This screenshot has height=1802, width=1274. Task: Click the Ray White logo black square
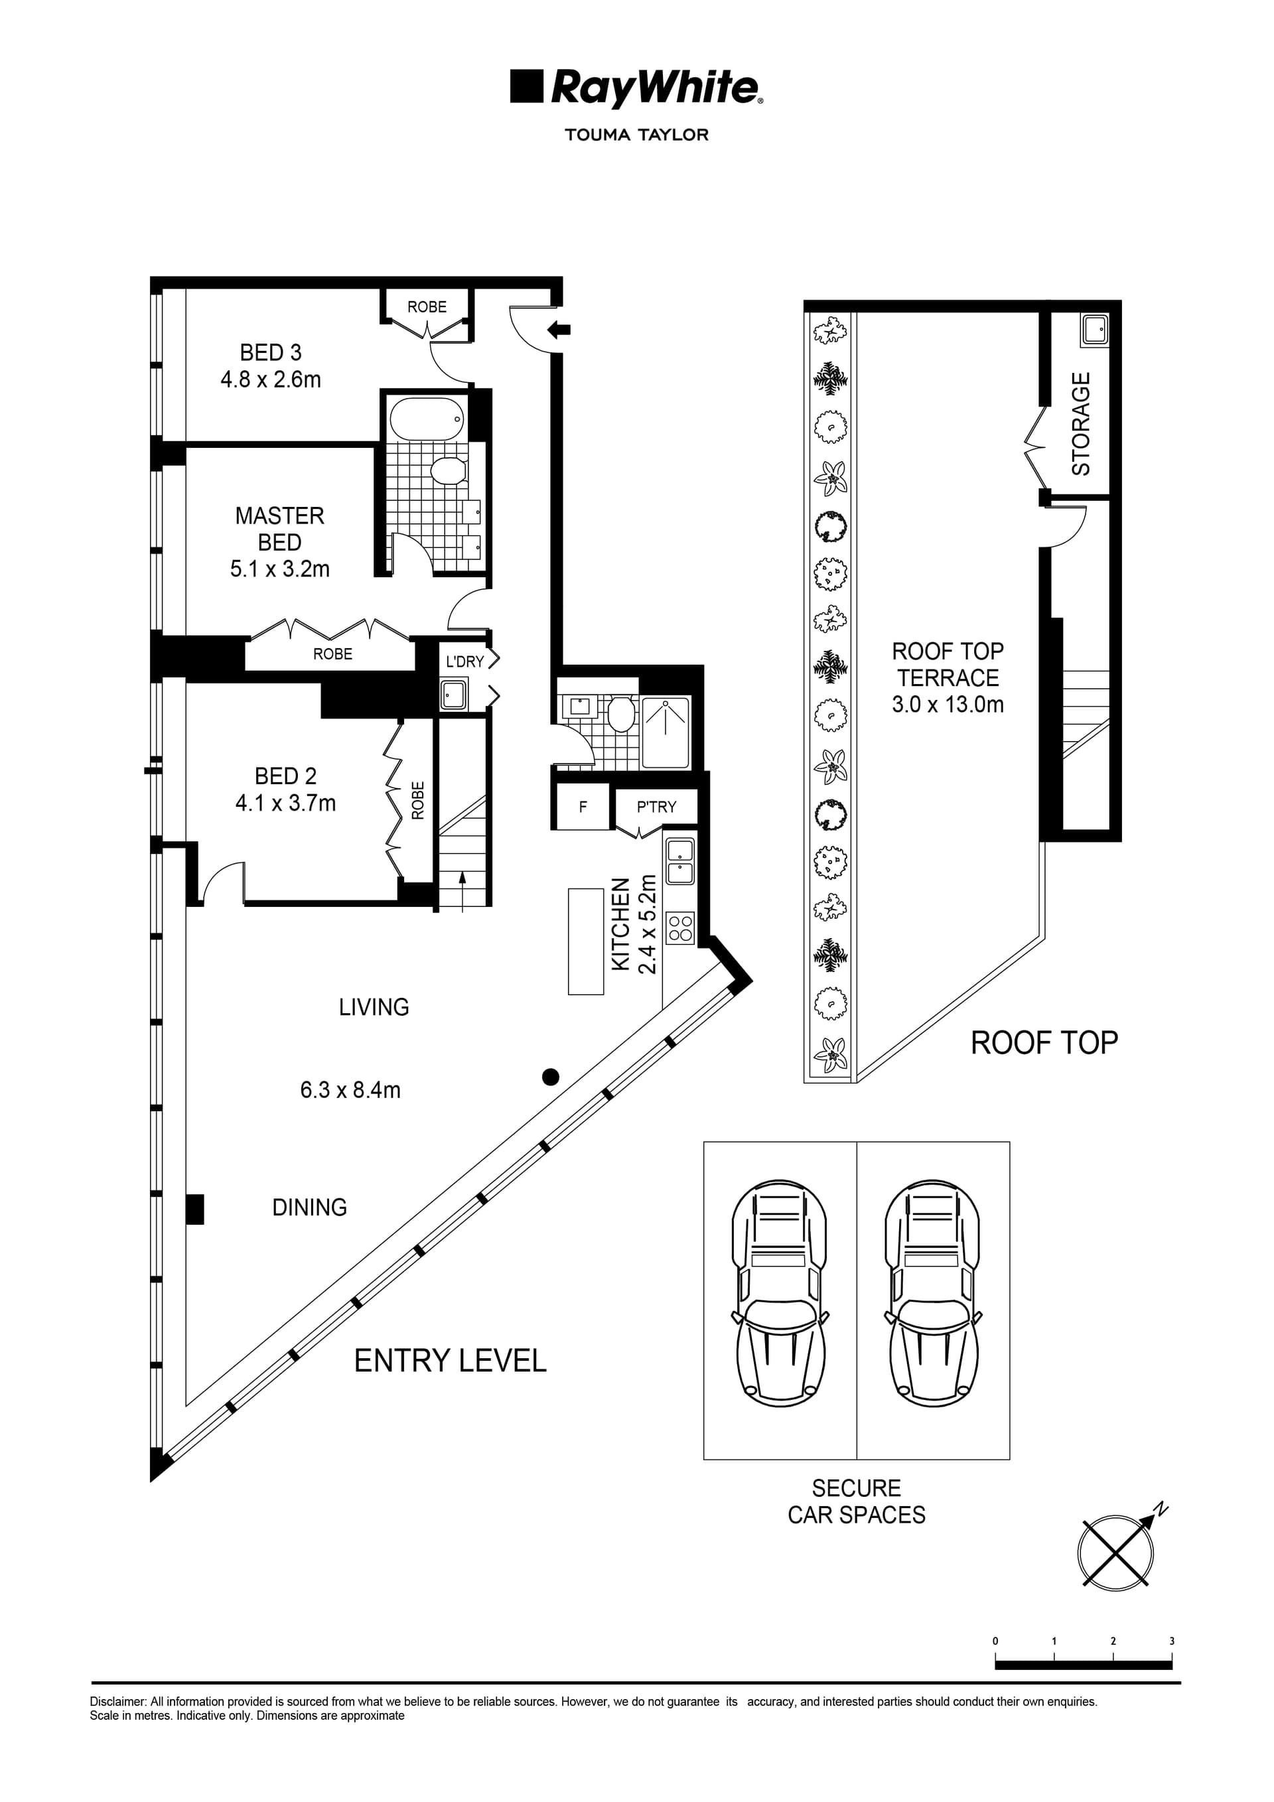coord(526,86)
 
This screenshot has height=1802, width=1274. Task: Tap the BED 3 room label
coord(271,352)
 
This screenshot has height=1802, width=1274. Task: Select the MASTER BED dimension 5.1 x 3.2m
coord(279,569)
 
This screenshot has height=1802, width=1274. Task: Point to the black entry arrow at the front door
coord(559,330)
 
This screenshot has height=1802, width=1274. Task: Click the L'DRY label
coord(464,661)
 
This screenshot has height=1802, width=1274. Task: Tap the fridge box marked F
coord(582,806)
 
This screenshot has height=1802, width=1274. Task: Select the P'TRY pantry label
coord(656,807)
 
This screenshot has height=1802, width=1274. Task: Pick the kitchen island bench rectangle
coord(586,941)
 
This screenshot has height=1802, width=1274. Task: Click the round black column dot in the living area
coord(550,1077)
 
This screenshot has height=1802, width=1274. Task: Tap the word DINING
coord(309,1207)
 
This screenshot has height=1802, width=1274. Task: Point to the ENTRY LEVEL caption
coord(450,1361)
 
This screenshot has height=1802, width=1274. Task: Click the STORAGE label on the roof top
coord(1081,424)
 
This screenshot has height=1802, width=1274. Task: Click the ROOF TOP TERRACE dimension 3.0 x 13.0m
coord(948,704)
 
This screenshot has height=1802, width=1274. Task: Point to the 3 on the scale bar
coord(1171,1641)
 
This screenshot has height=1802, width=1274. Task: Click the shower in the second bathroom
coord(666,732)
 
